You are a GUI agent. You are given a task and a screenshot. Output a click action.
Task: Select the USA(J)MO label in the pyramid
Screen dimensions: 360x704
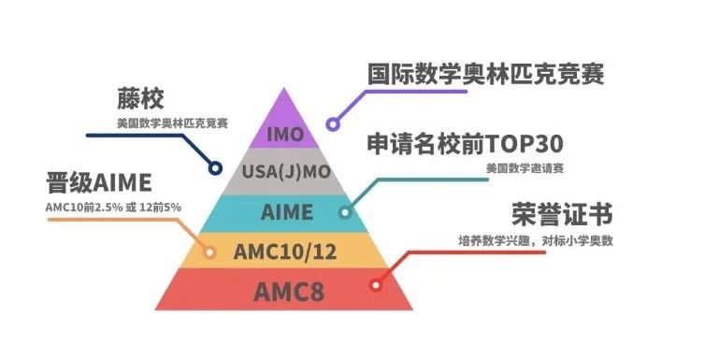[285, 172]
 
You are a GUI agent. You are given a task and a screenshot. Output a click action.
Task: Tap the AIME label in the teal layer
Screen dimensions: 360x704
[285, 211]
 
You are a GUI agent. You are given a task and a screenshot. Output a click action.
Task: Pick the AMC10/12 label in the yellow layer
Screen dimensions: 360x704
[285, 251]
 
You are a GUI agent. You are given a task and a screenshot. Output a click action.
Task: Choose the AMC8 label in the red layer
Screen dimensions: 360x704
[285, 291]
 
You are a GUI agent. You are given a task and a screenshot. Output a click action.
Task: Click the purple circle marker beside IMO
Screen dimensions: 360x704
[331, 123]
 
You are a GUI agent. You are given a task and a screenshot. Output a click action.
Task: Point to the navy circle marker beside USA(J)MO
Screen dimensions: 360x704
[216, 169]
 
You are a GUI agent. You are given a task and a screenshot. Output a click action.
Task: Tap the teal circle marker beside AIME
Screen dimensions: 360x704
[345, 212]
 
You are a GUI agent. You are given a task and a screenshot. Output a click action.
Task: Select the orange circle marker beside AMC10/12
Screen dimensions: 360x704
[210, 252]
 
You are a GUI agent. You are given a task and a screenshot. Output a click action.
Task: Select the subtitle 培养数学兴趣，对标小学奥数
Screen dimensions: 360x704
[541, 241]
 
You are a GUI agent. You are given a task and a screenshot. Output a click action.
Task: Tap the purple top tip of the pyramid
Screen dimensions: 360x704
[285, 103]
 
